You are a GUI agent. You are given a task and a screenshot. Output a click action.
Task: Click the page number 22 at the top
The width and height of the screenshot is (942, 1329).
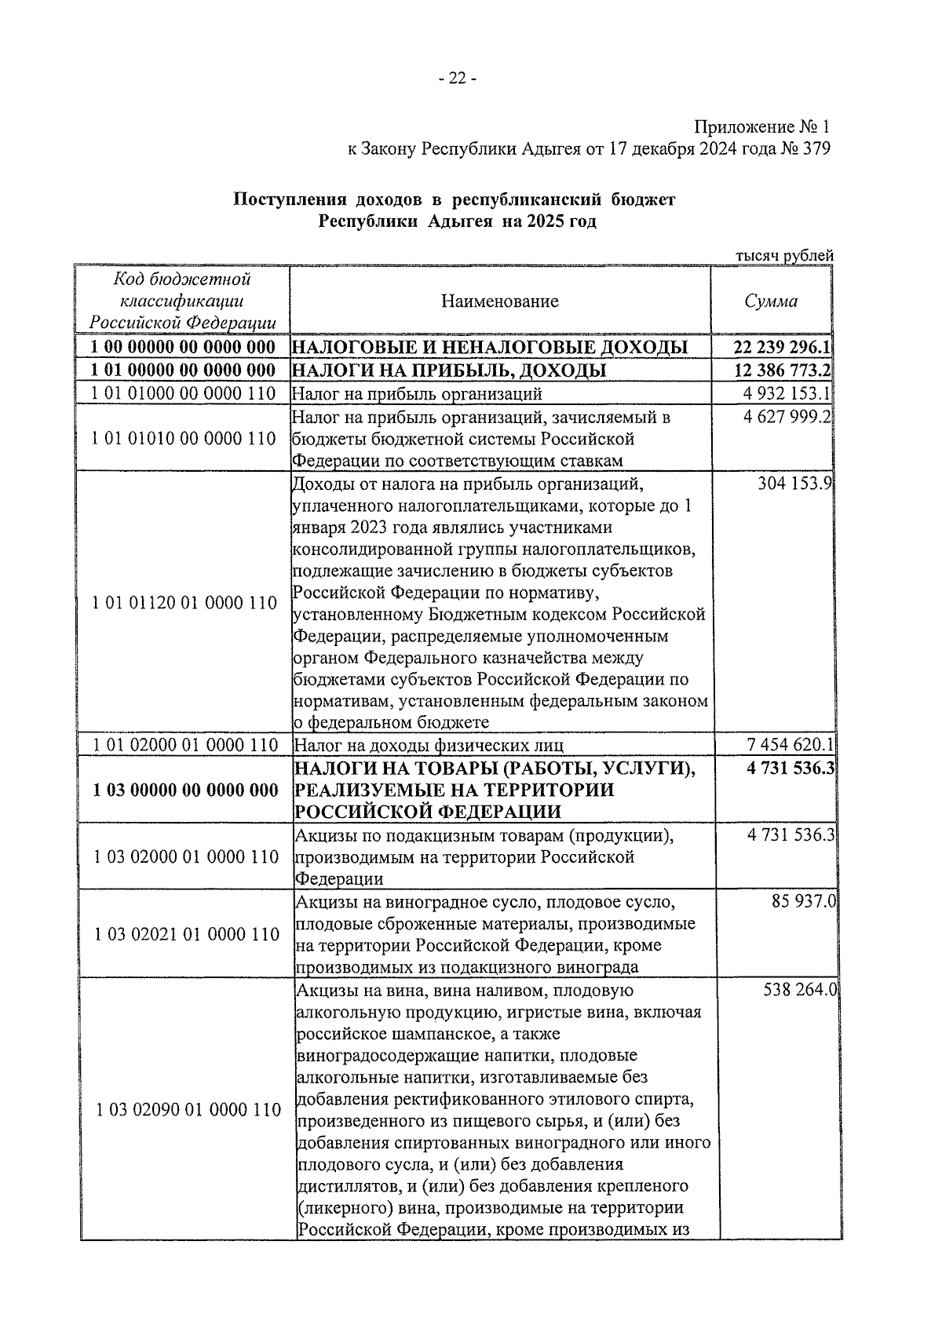pyautogui.click(x=457, y=78)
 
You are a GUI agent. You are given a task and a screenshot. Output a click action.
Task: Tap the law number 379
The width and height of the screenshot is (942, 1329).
pyautogui.click(x=813, y=149)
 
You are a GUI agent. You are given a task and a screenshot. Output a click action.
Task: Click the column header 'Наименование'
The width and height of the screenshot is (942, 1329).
pyautogui.click(x=499, y=301)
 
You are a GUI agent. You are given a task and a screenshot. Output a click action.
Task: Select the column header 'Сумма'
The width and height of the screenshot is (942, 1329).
pyautogui.click(x=771, y=301)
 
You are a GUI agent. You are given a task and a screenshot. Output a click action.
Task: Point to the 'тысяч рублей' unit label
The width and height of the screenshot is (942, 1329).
pyautogui.click(x=784, y=255)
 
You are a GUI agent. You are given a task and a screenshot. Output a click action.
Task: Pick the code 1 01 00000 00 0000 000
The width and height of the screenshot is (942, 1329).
pyautogui.click(x=183, y=371)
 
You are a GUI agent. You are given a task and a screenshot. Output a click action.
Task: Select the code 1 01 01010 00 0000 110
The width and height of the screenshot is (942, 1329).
pyautogui.click(x=183, y=439)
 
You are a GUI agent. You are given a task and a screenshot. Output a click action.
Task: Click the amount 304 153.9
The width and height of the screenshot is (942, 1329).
pyautogui.click(x=794, y=484)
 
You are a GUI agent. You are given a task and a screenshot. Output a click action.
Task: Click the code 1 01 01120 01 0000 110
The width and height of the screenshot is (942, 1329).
pyautogui.click(x=184, y=603)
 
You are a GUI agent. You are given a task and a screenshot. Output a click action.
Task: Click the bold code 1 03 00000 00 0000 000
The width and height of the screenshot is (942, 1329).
pyautogui.click(x=184, y=790)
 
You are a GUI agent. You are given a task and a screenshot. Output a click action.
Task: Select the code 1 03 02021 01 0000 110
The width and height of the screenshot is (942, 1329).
pyautogui.click(x=186, y=934)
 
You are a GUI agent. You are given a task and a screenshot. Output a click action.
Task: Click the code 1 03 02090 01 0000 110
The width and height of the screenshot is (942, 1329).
pyautogui.click(x=188, y=1110)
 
